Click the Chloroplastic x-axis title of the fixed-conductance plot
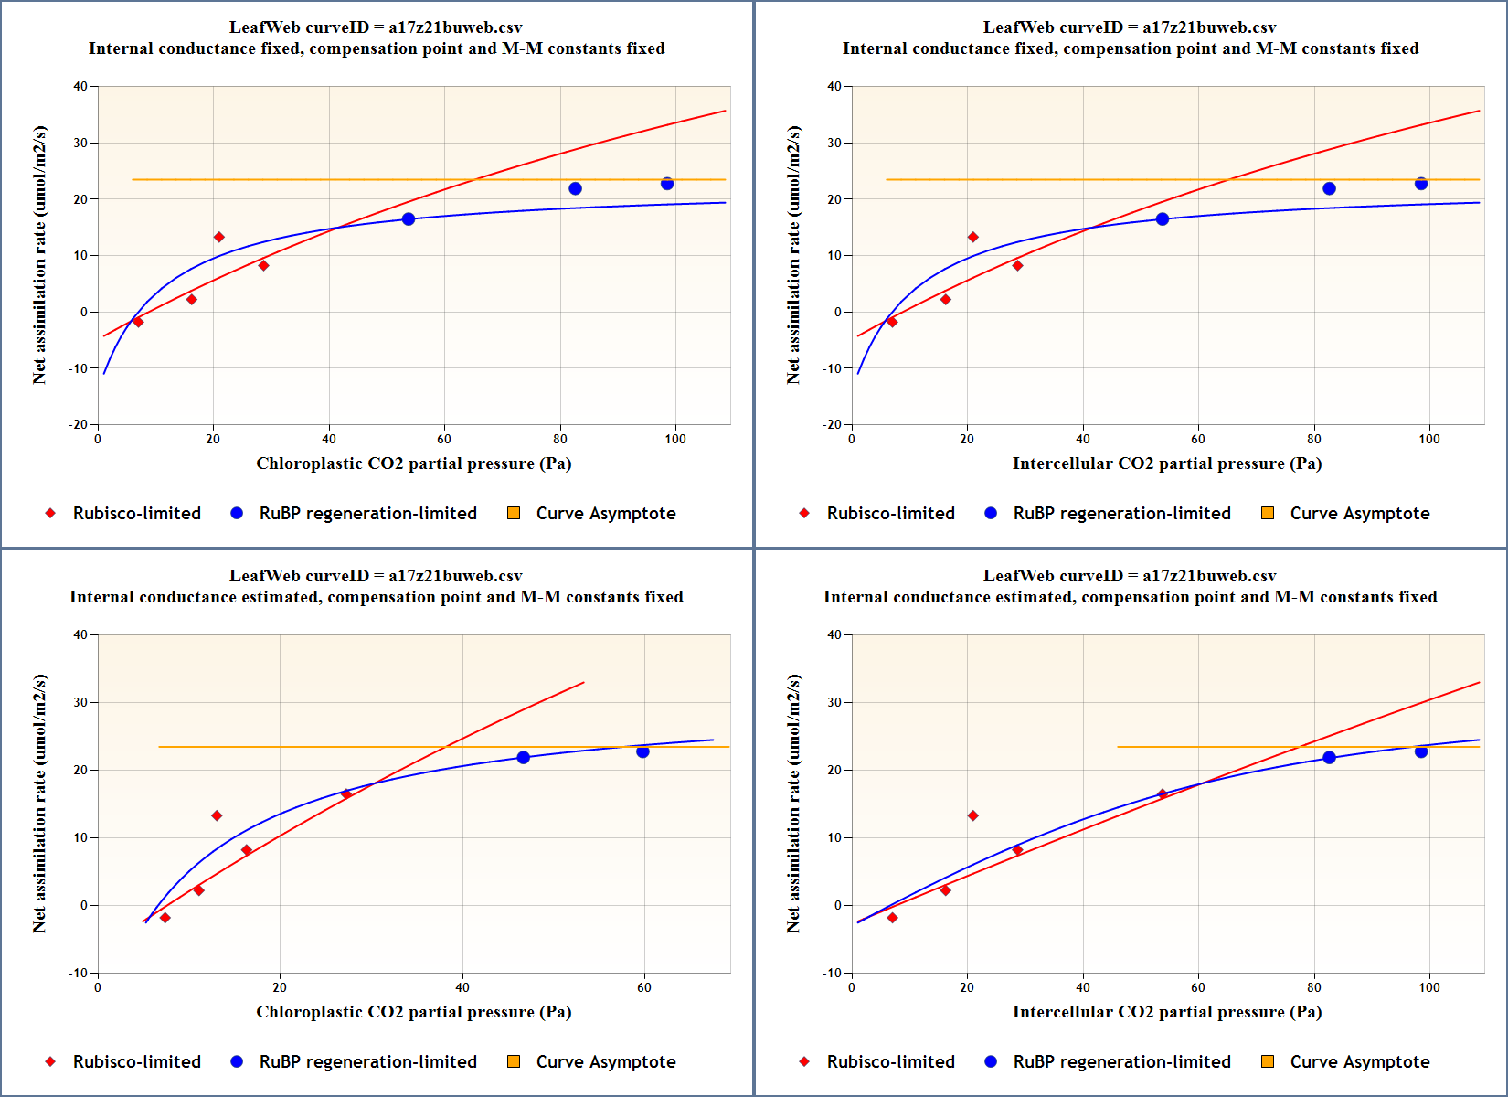[x=413, y=463]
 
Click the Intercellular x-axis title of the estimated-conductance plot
[x=1166, y=1012]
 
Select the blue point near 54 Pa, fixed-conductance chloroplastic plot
[x=409, y=219]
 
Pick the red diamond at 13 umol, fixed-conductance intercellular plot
[x=972, y=238]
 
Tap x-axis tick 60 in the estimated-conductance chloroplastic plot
[x=644, y=987]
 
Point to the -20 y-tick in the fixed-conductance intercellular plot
[x=832, y=424]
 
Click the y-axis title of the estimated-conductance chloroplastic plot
[x=39, y=804]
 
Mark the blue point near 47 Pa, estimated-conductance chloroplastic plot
[x=524, y=758]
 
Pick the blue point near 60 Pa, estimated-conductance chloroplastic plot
[x=642, y=751]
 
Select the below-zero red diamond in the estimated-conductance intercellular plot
[x=892, y=918]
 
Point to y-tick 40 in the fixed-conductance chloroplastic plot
[x=80, y=87]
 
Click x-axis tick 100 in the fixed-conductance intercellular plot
[x=1428, y=439]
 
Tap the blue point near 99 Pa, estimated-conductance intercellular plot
[x=1421, y=751]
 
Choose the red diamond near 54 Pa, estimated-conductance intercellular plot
[x=1163, y=794]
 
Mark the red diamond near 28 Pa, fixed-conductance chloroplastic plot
[x=263, y=266]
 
